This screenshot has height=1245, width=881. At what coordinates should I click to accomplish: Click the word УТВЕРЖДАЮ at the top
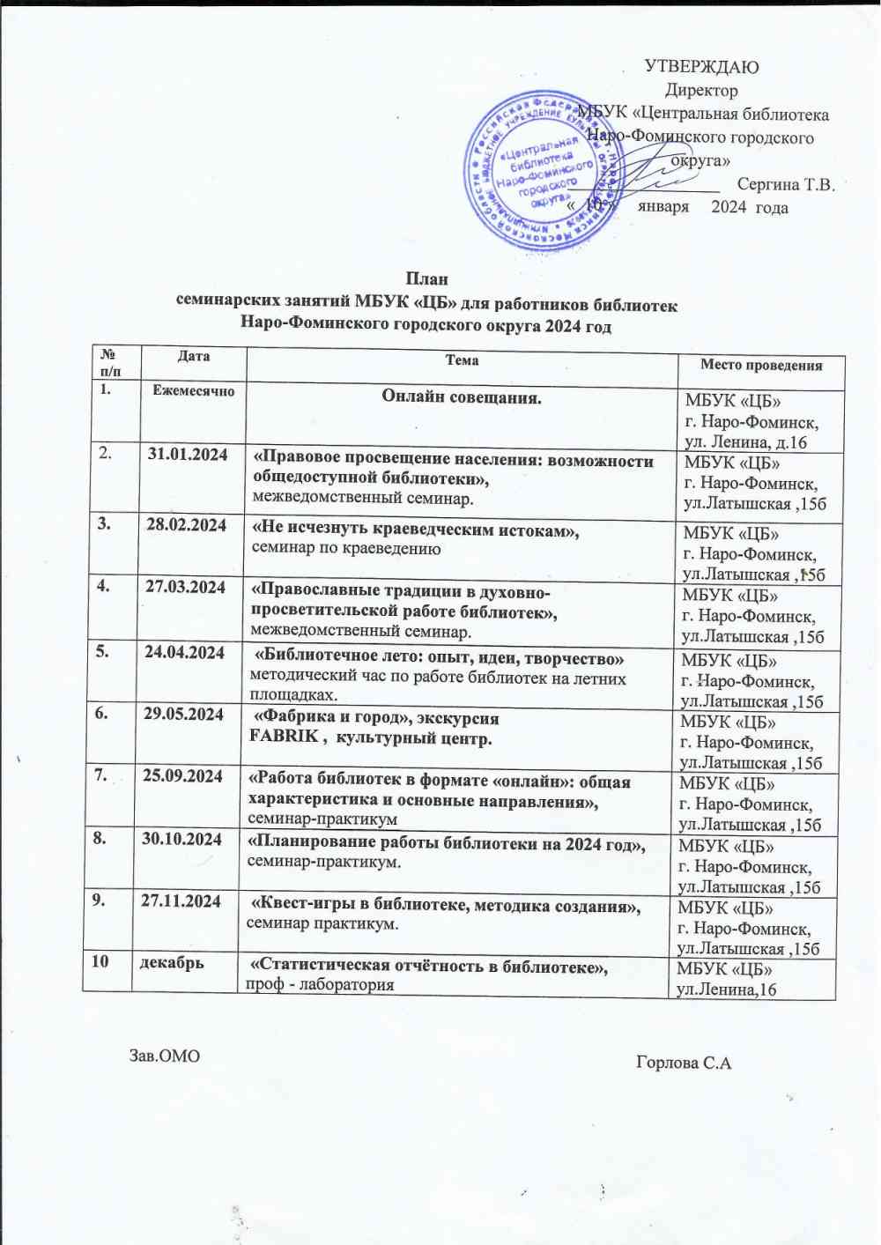click(x=701, y=67)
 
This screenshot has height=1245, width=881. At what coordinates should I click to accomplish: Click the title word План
click(x=426, y=279)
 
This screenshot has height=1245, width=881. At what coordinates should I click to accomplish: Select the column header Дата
click(x=194, y=357)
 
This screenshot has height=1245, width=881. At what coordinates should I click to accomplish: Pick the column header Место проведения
click(x=761, y=366)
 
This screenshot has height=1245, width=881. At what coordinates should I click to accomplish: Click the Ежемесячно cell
click(x=194, y=390)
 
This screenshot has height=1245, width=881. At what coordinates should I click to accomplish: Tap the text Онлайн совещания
click(x=462, y=397)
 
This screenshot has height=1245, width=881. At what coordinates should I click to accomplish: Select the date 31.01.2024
click(x=188, y=455)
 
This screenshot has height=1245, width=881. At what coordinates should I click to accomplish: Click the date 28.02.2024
click(x=187, y=525)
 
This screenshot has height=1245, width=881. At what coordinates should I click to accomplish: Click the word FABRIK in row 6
click(x=284, y=737)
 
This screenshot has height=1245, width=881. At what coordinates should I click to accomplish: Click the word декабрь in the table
click(x=173, y=962)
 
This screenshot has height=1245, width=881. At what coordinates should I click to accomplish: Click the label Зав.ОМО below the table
click(x=165, y=1056)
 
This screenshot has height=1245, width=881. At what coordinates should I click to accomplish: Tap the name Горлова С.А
click(x=684, y=1063)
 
